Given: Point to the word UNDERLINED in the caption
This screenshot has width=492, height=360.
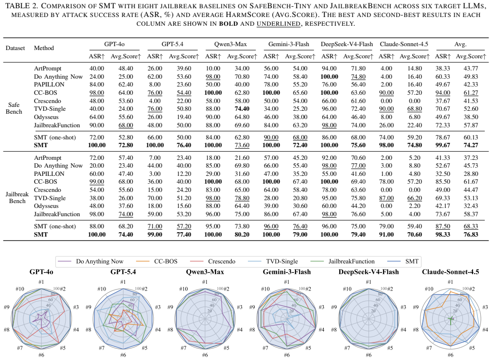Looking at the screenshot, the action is [x=278, y=24].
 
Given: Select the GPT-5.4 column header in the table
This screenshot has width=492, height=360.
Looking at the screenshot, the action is [x=172, y=44].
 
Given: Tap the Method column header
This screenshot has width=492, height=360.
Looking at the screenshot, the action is [x=44, y=48].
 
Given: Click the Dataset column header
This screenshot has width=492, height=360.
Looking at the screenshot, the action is [x=15, y=48].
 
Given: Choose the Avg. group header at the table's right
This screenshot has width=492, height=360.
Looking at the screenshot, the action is [x=460, y=44].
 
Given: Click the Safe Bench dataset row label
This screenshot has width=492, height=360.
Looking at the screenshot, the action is [x=14, y=108].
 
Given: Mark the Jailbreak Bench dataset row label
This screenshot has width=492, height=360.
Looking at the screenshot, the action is [x=17, y=198].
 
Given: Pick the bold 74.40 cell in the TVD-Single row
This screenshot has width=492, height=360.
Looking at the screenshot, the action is [x=242, y=109].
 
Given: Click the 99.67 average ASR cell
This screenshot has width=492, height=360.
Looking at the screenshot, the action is [x=442, y=145].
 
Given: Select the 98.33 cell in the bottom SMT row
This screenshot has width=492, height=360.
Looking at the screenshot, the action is [x=442, y=235].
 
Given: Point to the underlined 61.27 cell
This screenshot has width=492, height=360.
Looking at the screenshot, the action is [x=471, y=93].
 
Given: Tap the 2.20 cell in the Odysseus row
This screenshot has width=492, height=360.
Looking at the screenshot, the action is [x=415, y=206].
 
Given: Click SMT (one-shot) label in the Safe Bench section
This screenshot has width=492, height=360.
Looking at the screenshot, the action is [x=55, y=137].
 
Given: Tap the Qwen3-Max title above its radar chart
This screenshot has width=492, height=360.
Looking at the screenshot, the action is [x=205, y=272].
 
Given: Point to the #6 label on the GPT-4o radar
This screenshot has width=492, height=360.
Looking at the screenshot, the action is [x=41, y=355].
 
